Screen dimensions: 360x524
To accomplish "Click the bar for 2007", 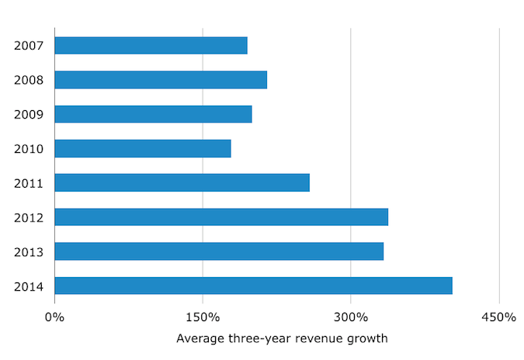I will tap(151, 45).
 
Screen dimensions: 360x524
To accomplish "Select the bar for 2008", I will tap(161, 80).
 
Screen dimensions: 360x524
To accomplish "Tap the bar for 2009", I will tap(154, 114).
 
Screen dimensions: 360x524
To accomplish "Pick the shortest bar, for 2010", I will tap(143, 148).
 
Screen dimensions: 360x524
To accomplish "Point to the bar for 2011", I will tap(182, 182).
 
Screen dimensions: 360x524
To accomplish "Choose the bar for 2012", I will tap(221, 217).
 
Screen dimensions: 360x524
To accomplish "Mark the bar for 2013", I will tap(219, 251).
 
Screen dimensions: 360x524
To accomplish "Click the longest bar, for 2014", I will tap(253, 286).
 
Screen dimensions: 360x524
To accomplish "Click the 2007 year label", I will tap(28, 45).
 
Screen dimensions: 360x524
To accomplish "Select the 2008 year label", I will tap(28, 80).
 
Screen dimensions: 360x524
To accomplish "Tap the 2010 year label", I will tap(28, 148).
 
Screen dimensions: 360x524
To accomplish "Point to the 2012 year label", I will tap(28, 217).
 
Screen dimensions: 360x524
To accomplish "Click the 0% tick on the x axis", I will tap(54, 317).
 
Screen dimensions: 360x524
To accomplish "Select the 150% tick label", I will tap(203, 317).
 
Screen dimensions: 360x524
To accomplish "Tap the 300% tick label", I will tap(351, 317).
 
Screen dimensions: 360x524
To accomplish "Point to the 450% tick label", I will tap(498, 317).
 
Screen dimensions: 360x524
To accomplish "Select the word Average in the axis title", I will tap(201, 338).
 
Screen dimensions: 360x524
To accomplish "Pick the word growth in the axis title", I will tap(369, 339).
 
